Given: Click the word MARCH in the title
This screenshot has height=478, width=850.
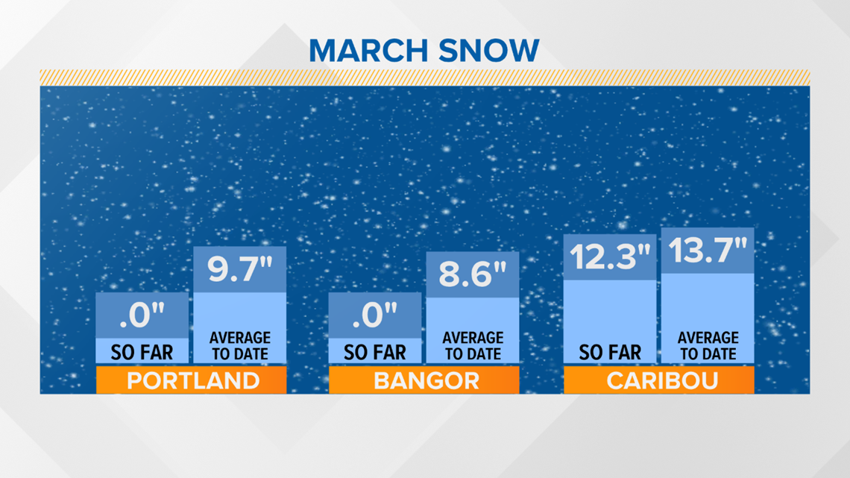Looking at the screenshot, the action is [x=368, y=51].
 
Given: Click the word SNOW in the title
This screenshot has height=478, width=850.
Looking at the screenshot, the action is [x=489, y=51].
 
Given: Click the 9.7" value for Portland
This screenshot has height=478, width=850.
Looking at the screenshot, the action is [x=240, y=269].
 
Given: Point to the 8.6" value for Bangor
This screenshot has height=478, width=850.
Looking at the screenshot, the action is [x=473, y=274].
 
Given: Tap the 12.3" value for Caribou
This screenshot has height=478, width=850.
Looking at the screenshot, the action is [x=610, y=257].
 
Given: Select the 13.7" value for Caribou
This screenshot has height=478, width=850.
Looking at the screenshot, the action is [x=708, y=251].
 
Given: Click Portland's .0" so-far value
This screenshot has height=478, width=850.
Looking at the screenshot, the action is [x=142, y=315].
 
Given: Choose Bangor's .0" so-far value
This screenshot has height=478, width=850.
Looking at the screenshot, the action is [x=375, y=315].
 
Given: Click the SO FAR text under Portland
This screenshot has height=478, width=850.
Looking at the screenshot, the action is [x=142, y=353].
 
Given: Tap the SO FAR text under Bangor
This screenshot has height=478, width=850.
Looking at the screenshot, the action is [x=375, y=353].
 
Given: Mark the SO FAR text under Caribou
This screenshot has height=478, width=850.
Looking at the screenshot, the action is [x=610, y=353].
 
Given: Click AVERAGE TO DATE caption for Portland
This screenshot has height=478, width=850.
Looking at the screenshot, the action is [x=240, y=346].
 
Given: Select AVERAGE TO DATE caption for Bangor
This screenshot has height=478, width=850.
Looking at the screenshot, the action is [x=473, y=346].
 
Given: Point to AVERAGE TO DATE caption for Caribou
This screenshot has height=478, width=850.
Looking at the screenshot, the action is [x=708, y=346].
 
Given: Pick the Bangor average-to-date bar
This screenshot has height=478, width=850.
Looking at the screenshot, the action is [x=473, y=307].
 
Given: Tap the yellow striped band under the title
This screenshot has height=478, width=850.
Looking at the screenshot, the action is [x=425, y=78].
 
